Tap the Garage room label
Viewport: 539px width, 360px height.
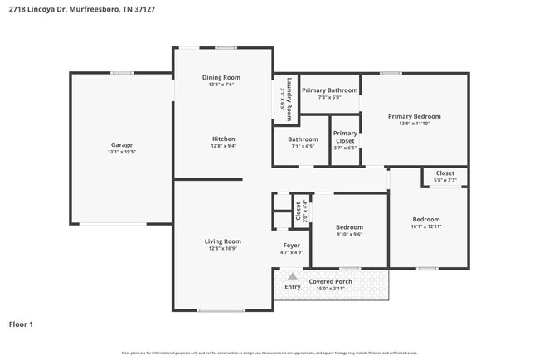point(122,144)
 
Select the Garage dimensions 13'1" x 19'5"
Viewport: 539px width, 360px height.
point(122,153)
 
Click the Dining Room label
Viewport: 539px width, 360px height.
point(221,77)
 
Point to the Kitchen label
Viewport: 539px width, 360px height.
point(223,139)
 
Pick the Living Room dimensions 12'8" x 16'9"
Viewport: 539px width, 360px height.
point(223,248)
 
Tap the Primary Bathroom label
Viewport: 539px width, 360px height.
point(329,90)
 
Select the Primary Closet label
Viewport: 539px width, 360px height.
point(345,137)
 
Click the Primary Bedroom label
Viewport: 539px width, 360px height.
point(414,116)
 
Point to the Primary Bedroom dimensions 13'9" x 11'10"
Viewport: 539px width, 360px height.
point(414,124)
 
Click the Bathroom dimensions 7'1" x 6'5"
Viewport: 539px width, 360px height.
point(303,147)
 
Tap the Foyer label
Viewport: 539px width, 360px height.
point(291,245)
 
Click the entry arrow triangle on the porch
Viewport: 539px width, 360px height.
point(292,276)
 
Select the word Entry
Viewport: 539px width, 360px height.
point(293,287)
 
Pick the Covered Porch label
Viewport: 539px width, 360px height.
point(331,281)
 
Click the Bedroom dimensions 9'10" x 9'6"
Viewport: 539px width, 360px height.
point(349,234)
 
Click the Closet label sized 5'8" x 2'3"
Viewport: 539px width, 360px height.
point(445,173)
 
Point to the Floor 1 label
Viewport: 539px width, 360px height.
point(21,324)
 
